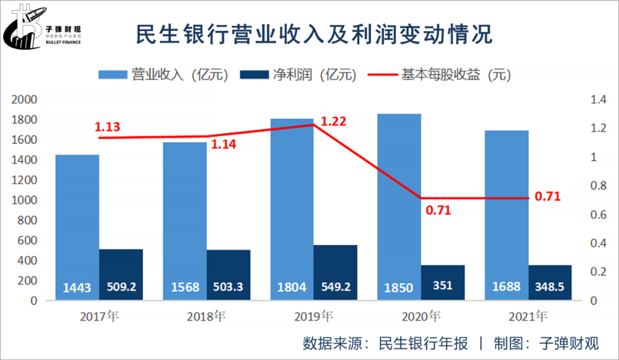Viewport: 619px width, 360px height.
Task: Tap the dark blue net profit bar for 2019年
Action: coord(335,269)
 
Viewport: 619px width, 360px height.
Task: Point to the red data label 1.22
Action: coord(334,122)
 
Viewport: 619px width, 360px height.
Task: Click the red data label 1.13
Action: coord(107,127)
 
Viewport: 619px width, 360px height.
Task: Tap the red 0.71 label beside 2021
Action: coord(547,197)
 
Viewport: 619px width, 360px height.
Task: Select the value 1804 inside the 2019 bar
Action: coord(292,287)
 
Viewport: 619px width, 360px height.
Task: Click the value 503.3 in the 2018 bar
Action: coord(229,287)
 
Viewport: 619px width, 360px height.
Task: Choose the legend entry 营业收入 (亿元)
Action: coord(163,75)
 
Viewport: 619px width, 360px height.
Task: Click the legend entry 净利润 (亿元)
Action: coord(298,75)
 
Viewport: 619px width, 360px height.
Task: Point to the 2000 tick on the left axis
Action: coord(25,100)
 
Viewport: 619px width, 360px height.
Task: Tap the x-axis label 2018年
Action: coord(206,316)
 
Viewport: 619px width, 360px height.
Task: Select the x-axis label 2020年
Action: coord(421,316)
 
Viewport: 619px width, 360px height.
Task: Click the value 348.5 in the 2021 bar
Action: coord(550,287)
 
